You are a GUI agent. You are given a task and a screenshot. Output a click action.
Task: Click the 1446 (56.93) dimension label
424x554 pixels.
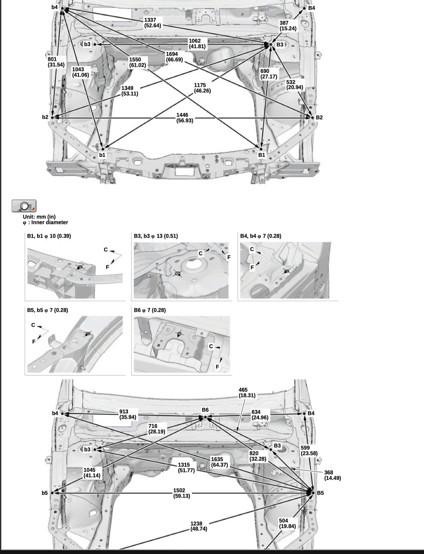[184, 118]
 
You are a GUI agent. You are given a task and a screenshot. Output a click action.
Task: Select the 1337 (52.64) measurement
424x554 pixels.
[152, 23]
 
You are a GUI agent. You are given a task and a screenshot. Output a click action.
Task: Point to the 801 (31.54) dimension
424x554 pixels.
[56, 62]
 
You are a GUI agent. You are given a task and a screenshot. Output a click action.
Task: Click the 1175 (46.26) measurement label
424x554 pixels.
[202, 88]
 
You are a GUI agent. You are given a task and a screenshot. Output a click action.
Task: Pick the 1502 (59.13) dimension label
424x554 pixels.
[181, 493]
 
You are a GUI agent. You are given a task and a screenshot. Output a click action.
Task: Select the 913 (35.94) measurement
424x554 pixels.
[128, 415]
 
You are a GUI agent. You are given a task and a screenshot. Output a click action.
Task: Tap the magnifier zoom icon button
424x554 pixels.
[24, 206]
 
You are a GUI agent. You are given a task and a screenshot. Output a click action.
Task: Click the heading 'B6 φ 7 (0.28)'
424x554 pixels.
[150, 310]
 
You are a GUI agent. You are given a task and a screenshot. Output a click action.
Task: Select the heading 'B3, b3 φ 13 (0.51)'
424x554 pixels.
[156, 236]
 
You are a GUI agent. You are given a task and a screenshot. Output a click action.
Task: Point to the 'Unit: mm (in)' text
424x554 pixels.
[39, 217]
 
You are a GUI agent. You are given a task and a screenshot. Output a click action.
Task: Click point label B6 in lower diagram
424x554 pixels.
[205, 410]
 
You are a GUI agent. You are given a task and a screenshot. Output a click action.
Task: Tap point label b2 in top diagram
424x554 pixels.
[45, 117]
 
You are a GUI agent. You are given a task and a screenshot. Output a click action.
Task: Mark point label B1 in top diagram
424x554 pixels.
[261, 155]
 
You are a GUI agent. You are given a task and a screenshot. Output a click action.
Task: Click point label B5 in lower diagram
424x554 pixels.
[320, 493]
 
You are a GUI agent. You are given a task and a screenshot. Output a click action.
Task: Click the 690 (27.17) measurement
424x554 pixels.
[269, 74]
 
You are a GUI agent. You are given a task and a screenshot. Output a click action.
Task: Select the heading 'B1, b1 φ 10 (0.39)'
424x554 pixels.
[49, 236]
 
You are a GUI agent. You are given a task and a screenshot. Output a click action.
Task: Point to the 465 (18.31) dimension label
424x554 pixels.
[247, 392]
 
